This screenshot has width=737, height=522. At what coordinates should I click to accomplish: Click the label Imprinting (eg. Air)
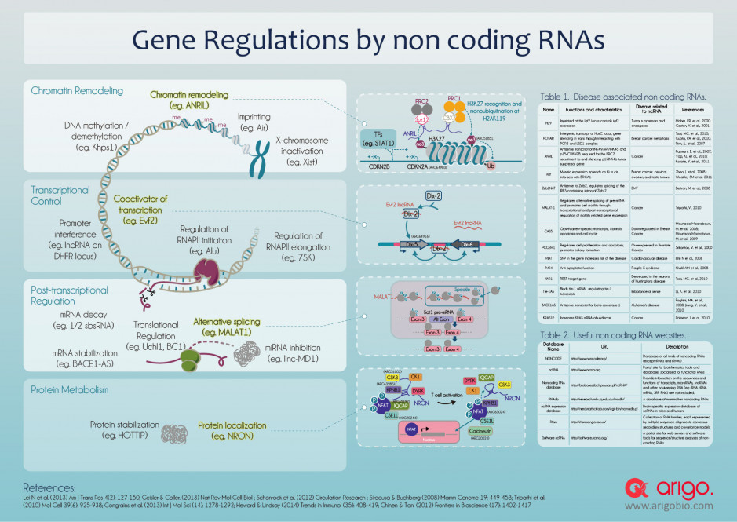point(259,122)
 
